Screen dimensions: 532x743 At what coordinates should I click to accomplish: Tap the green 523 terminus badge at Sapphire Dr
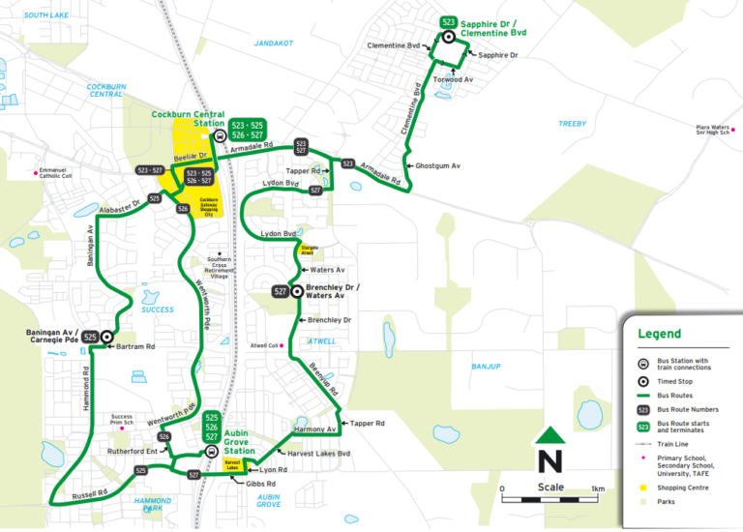(x=448, y=21)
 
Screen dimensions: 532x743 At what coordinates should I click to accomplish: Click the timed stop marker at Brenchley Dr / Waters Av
(x=297, y=290)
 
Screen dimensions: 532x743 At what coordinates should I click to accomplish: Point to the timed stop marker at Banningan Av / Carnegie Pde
(x=106, y=337)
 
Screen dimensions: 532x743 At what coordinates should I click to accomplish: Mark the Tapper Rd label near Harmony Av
(x=368, y=424)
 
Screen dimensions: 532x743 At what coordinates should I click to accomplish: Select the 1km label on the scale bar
(x=598, y=488)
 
